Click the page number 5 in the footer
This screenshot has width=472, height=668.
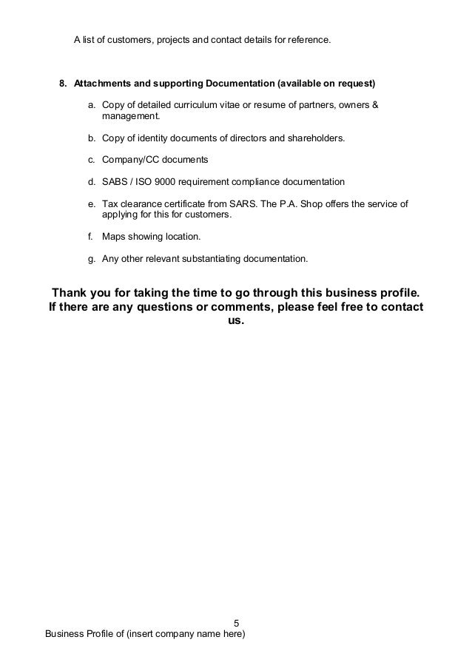pos(237,622)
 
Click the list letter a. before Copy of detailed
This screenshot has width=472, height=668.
pos(92,104)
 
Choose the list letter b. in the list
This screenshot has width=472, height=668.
pos(92,138)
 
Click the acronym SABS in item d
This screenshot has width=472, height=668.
pos(114,181)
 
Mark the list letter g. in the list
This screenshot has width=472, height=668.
pos(92,259)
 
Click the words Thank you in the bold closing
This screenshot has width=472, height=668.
pos(81,289)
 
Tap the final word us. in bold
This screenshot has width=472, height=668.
pos(236,323)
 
